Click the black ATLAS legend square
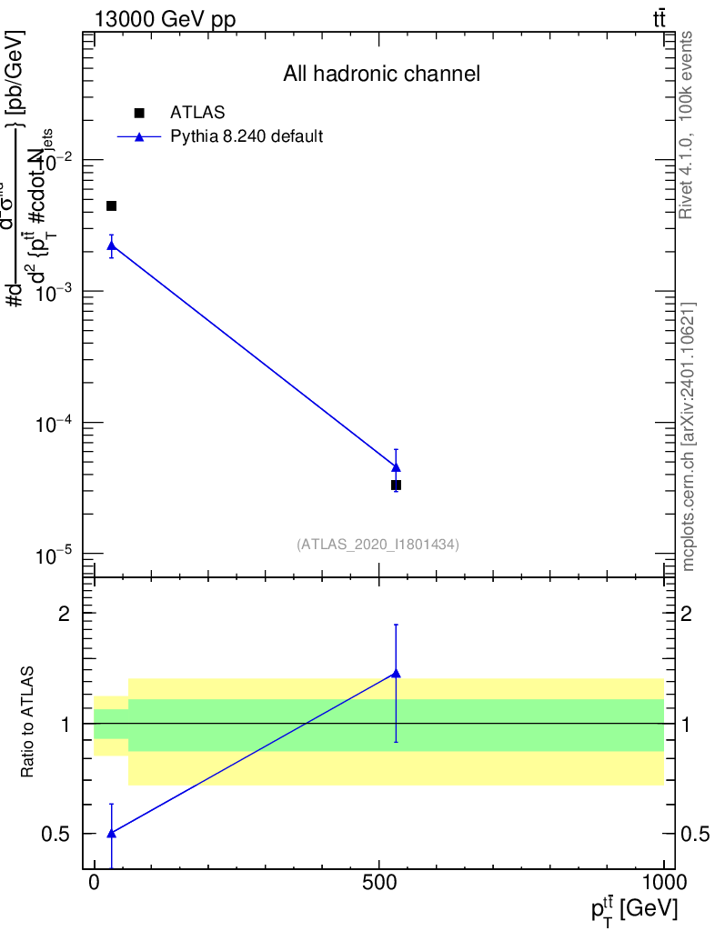pos(139,113)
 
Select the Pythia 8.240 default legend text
pos(247,137)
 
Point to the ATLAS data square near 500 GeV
pos(396,486)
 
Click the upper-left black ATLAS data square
pos(112,206)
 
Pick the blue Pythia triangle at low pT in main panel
pos(112,245)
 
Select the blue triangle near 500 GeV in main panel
pos(396,466)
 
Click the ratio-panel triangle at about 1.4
pos(396,674)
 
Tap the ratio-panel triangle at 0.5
pos(112,833)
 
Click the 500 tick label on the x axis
pos(379,884)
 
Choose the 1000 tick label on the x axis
pos(664,884)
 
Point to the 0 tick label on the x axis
pos(95,884)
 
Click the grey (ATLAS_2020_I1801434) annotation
pos(378,545)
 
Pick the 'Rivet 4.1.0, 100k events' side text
pos(688,125)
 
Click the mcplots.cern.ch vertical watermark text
pos(689,436)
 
